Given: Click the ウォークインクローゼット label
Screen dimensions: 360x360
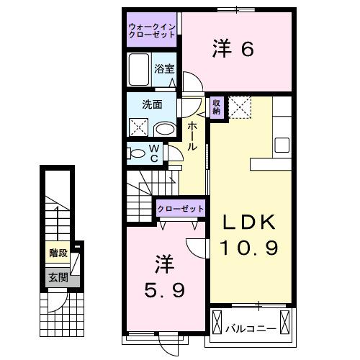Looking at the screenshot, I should coord(152,30).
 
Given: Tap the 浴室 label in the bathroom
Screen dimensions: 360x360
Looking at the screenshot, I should coord(164,69).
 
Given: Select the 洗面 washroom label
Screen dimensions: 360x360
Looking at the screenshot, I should coord(151,104).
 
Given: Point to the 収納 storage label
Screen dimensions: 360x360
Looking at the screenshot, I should coord(216,106).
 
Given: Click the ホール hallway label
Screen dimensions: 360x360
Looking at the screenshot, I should coord(192,135).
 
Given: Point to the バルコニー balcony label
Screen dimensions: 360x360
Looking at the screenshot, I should coord(251,328).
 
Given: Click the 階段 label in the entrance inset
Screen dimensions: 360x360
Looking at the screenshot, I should coord(58,253).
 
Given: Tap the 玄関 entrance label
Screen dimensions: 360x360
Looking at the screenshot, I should coord(58,276).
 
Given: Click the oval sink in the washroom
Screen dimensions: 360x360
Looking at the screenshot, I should coord(165,129).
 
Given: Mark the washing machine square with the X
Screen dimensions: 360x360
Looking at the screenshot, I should coord(139,128).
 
